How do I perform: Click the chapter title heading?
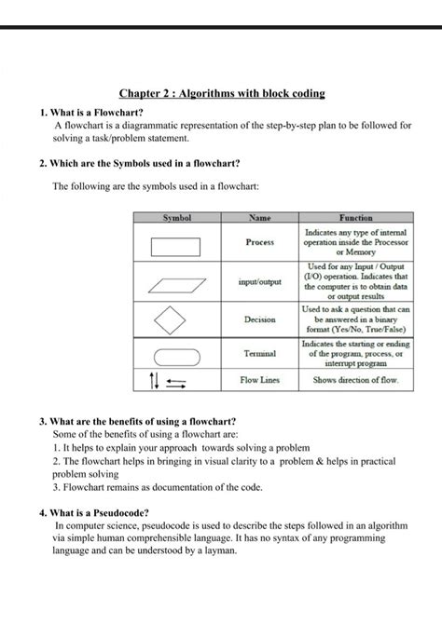point(221,94)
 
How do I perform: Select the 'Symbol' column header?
point(177,217)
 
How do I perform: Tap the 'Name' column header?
point(260,217)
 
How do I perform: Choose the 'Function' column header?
point(355,217)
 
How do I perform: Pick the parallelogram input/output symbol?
point(176,281)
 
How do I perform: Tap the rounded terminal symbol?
point(176,355)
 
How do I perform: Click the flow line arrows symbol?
point(168,380)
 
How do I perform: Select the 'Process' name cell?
point(259,242)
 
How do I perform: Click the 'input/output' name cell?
point(259,281)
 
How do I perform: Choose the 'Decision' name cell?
point(259,319)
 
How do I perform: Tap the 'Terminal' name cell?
point(259,354)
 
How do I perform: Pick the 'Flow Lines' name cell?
point(259,380)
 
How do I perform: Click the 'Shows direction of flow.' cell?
point(355,380)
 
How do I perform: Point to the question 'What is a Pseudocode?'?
point(96,512)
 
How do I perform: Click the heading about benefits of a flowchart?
point(137,421)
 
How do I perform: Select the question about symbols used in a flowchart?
point(139,163)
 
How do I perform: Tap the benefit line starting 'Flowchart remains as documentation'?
point(158,487)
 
